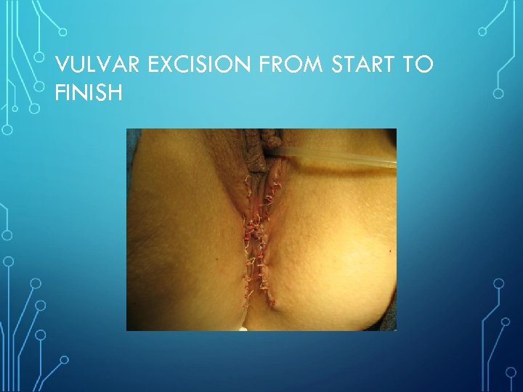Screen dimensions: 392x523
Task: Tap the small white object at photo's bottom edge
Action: (243, 328)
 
